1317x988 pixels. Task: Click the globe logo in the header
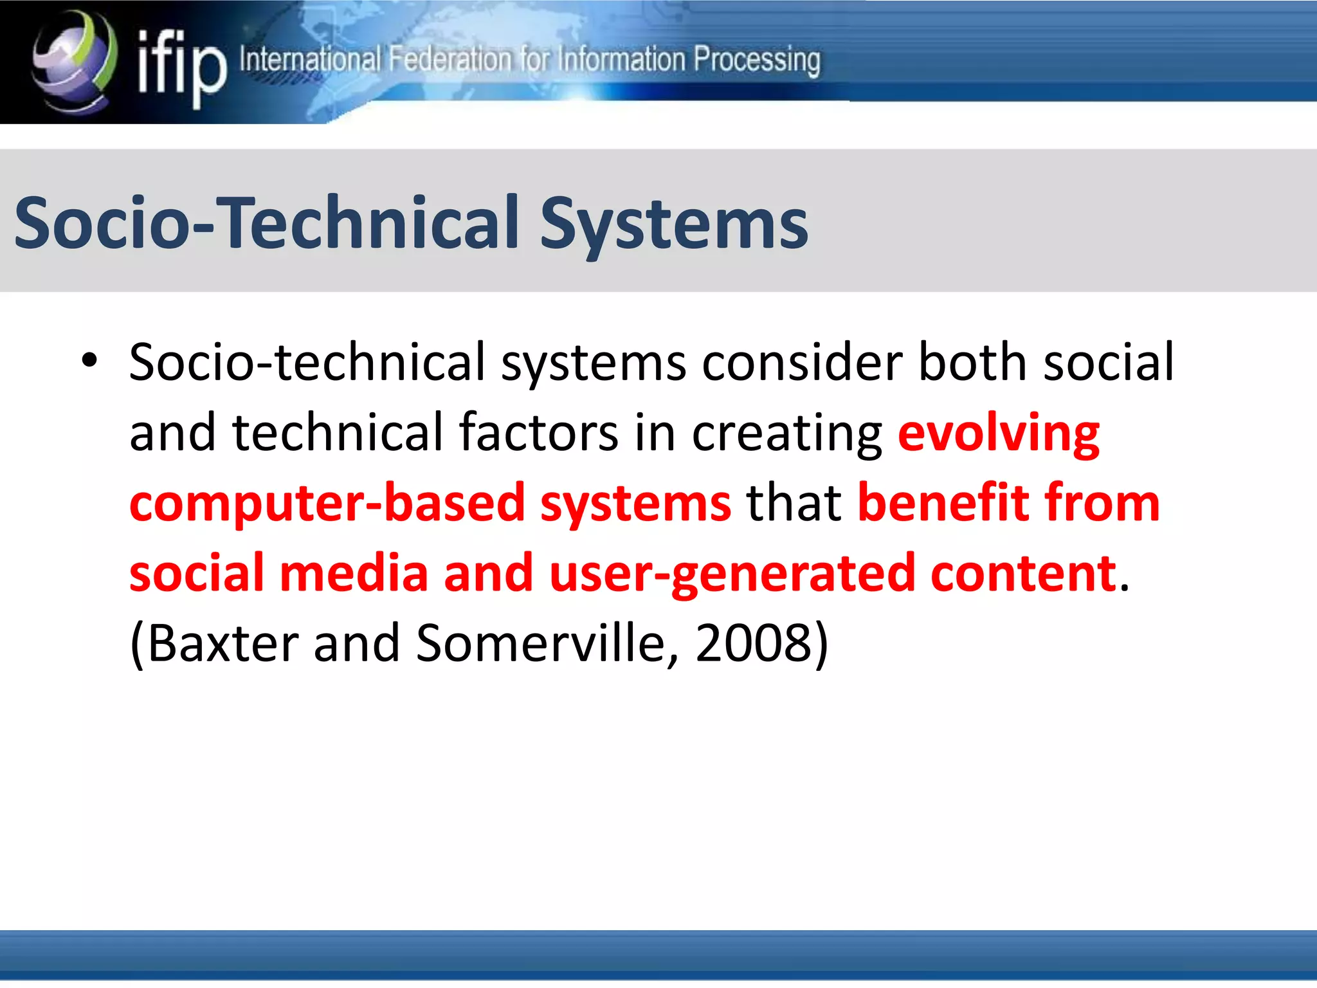point(74,61)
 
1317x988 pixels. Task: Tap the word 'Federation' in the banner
point(450,60)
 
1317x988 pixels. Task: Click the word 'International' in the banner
point(310,60)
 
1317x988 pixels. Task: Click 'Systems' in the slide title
point(673,224)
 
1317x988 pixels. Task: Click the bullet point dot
point(89,360)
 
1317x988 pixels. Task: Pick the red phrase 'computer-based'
point(327,504)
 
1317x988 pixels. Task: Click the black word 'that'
point(794,502)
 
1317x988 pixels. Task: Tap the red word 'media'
point(354,573)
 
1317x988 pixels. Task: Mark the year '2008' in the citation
point(754,643)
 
